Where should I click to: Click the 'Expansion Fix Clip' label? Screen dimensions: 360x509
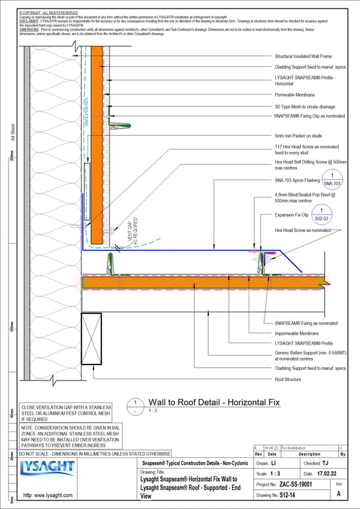click(292, 215)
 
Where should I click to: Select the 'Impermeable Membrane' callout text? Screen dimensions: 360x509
click(297, 333)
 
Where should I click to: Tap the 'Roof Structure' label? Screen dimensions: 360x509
click(288, 380)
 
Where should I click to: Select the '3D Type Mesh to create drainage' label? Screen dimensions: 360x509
click(304, 106)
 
